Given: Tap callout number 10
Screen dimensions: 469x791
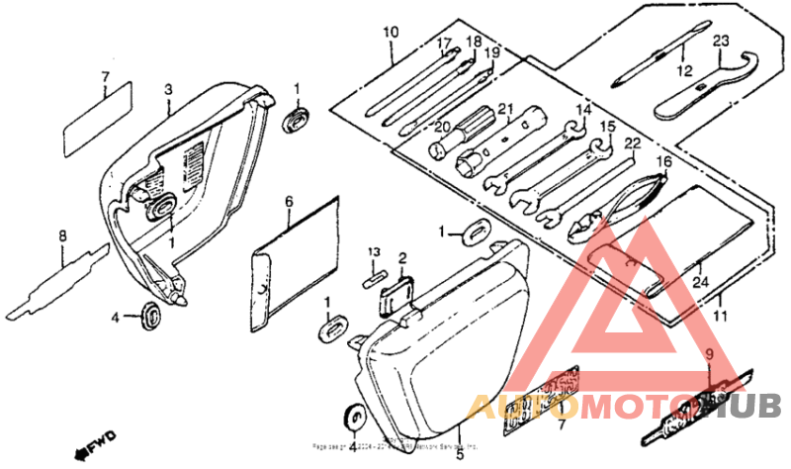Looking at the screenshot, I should point(391,32).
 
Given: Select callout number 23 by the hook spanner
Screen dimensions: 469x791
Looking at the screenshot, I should point(720,40).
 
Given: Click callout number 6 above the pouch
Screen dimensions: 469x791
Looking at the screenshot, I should point(289,201).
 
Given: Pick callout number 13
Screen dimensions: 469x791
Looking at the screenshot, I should point(376,252).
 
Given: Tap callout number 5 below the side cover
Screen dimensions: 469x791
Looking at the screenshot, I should point(459,455).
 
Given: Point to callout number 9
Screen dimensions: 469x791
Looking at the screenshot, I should point(708,353).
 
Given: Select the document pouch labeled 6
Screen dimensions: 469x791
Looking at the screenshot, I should point(292,262).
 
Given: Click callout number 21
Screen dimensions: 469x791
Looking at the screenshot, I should point(505,109).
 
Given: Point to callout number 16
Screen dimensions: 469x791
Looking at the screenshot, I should point(663,161).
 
